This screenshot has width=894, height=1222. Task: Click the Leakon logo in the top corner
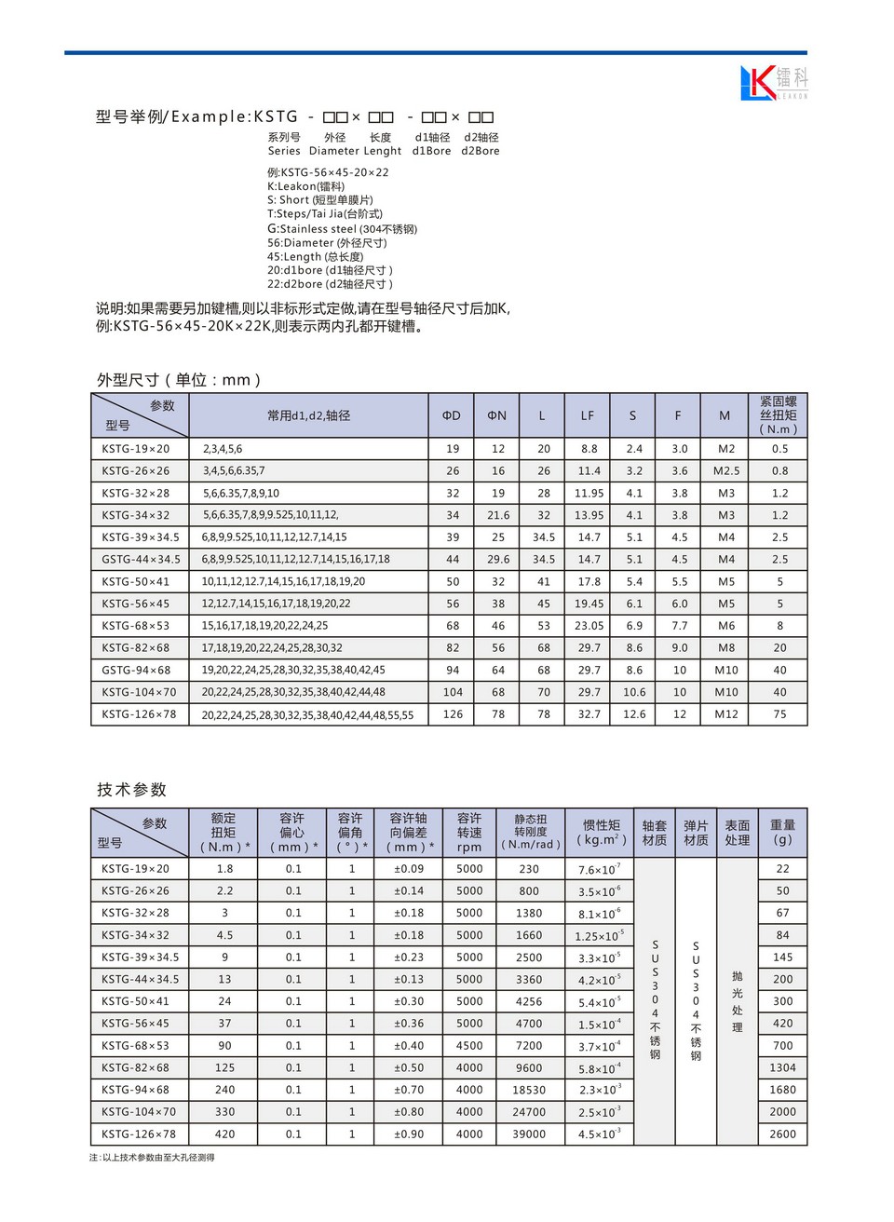pos(773,83)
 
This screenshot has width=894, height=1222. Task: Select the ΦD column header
pos(452,415)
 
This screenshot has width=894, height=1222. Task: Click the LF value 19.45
pos(589,604)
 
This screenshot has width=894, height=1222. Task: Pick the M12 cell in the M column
pos(725,714)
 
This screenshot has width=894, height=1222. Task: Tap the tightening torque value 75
pos(779,714)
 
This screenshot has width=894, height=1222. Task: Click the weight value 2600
pos(782,1134)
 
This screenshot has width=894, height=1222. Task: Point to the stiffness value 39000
pos(529,1134)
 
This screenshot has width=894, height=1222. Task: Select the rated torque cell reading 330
pos(224,1112)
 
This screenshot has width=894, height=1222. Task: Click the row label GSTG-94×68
pos(136,670)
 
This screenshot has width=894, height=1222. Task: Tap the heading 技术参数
pos(131,790)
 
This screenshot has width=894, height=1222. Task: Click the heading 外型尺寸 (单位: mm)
pos(179,380)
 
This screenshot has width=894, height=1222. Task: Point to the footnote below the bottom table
pos(152,1158)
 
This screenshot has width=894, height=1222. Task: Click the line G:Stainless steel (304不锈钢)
pos(342,228)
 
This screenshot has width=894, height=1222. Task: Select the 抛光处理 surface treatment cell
pos(737,1001)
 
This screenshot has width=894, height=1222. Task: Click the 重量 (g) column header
pos(782,832)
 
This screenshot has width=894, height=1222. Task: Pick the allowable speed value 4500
pos(469,1046)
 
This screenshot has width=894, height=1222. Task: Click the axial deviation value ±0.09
pos(408,869)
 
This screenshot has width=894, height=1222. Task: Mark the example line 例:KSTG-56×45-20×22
pos(328,172)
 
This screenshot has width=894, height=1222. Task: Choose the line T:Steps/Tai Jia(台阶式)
pos(325,213)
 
